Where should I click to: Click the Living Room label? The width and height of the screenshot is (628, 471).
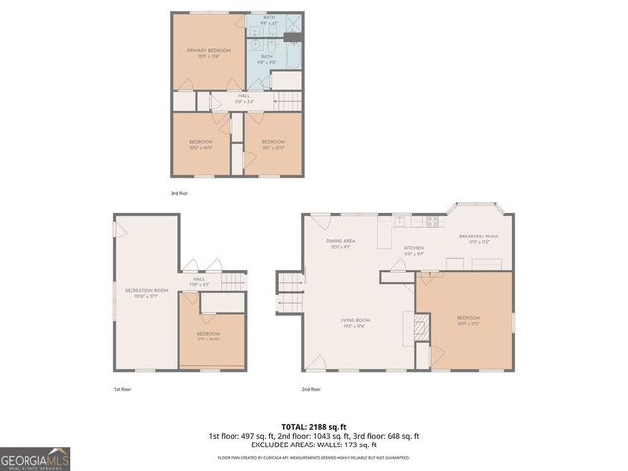355,322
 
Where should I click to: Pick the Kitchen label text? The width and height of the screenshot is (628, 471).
414,250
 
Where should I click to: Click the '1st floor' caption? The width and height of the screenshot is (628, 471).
121,389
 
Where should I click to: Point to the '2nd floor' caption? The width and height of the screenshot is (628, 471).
312,389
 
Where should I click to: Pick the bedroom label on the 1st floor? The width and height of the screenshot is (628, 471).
208,336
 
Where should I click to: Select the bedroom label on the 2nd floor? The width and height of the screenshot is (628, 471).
469,321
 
